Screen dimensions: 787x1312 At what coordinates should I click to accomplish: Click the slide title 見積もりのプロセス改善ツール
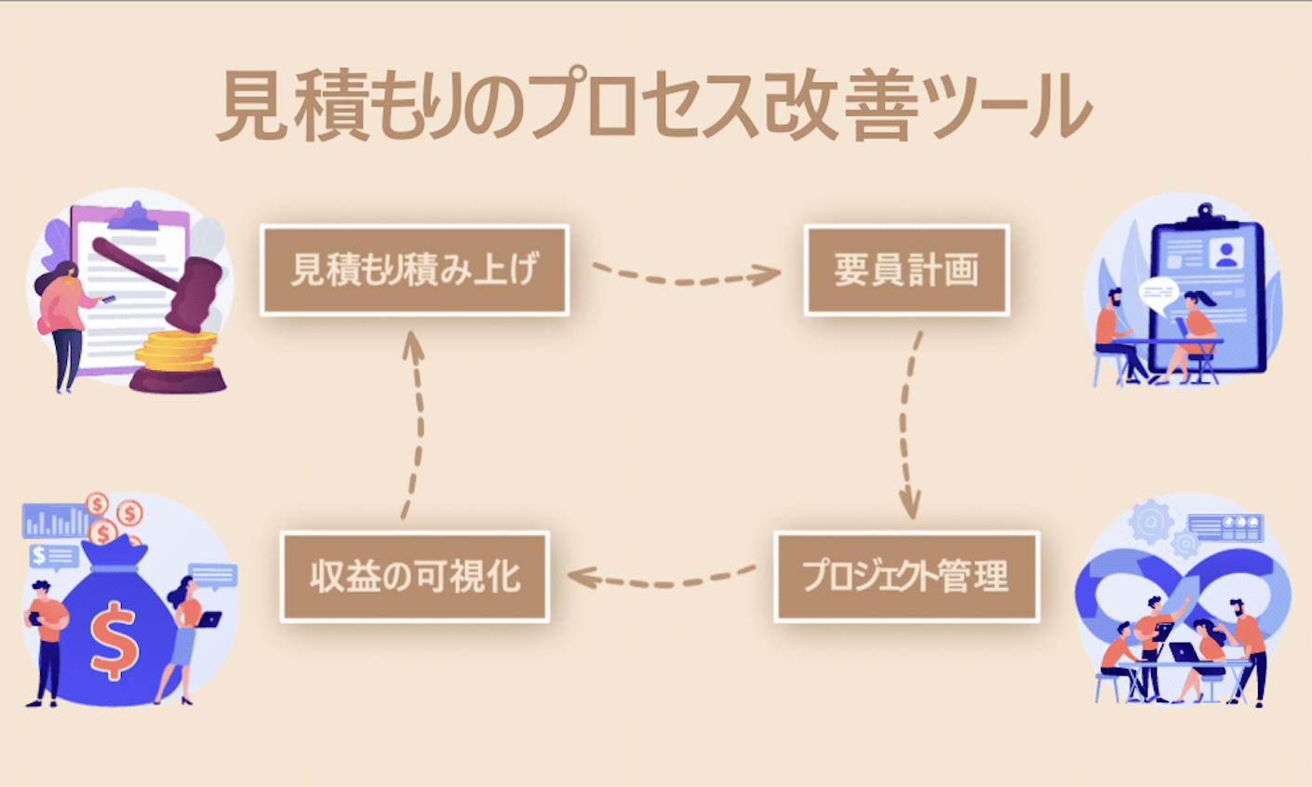(654, 105)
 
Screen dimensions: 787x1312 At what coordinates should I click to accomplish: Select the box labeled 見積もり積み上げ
(414, 270)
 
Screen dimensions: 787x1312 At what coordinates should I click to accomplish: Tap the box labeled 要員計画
(906, 270)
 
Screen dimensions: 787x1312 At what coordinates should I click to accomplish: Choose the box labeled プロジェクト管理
(906, 577)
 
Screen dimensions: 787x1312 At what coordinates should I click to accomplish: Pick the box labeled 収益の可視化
(415, 577)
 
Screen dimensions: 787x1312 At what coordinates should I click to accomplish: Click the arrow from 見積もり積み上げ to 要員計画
(686, 275)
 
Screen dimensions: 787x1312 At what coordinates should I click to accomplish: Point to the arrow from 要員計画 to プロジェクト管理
(907, 423)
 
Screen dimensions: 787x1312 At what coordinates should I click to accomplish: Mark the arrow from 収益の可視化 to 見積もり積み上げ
(415, 423)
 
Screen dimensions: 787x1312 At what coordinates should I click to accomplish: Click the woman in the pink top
(65, 321)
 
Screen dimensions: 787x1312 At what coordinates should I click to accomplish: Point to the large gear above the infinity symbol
(1150, 523)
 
